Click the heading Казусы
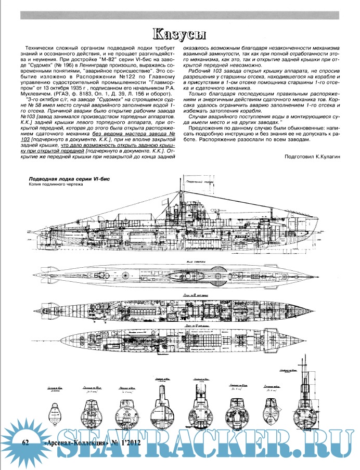tap(179, 34)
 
